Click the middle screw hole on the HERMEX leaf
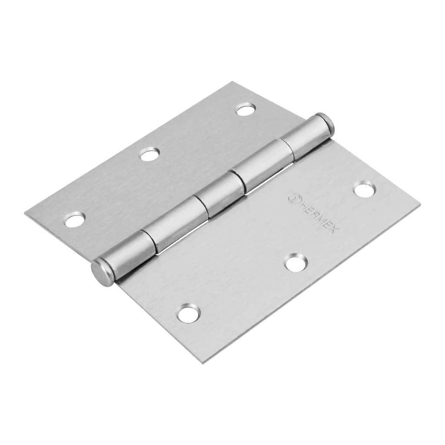click(x=296, y=263)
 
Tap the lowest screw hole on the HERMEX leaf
click(x=189, y=313)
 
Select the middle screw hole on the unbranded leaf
click(x=150, y=154)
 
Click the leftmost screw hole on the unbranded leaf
click(x=75, y=220)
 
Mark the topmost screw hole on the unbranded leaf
click(x=246, y=110)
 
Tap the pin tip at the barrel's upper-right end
click(x=326, y=123)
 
